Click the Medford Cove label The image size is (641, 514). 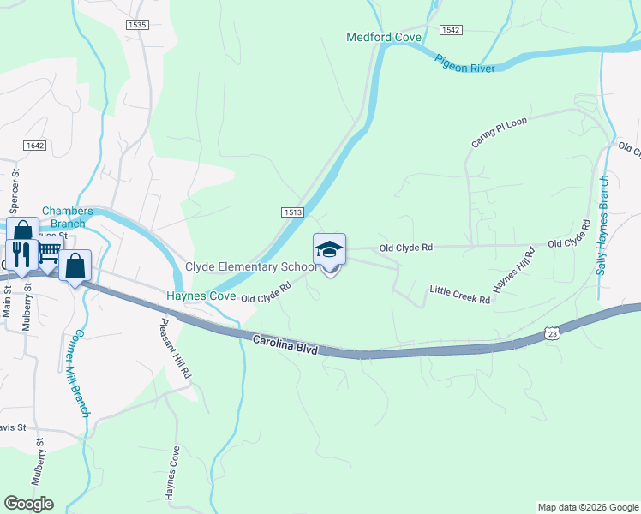tap(384, 37)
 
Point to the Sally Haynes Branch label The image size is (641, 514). tap(603, 225)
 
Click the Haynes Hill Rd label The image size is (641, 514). tap(514, 268)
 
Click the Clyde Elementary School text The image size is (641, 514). tap(251, 267)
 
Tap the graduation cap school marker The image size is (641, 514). tap(329, 250)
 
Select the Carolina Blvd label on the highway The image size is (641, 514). tap(286, 345)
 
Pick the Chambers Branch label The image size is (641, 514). tap(63, 218)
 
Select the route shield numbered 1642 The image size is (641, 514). tap(34, 146)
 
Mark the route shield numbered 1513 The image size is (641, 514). tap(291, 212)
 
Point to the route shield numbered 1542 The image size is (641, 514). tap(451, 30)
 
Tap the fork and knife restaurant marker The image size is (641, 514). tap(22, 254)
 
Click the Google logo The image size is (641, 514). tap(28, 504)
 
